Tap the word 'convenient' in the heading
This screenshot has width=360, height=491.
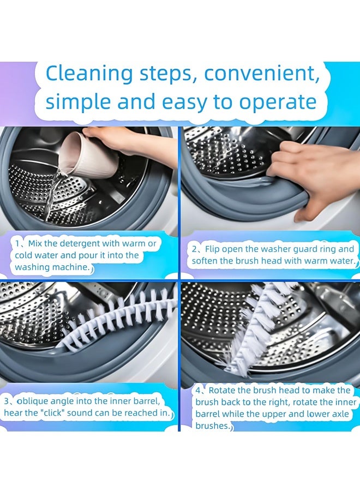coord(262,74)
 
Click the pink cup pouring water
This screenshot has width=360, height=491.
coord(90,157)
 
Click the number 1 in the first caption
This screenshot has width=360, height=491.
coord(18,244)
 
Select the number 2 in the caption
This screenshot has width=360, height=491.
coord(195,249)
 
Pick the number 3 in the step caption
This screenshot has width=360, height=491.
coord(7,402)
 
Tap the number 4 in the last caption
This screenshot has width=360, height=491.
coord(199,391)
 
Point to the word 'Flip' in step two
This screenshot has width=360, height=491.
coord(212,249)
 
